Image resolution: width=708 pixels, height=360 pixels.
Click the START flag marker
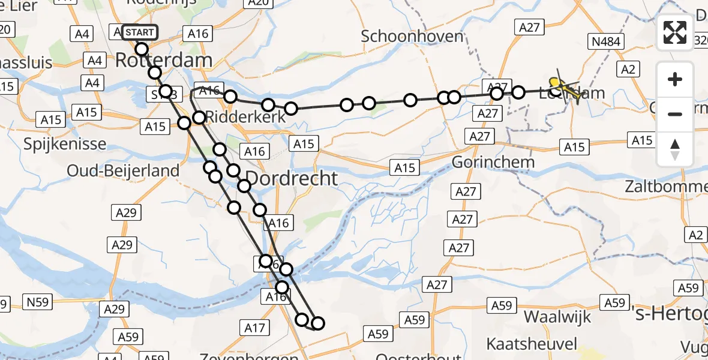140,32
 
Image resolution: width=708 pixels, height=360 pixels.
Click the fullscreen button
675,32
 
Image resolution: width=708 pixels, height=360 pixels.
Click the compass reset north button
675,149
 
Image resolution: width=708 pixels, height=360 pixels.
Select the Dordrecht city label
292,178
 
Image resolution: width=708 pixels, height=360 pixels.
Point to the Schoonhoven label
412,36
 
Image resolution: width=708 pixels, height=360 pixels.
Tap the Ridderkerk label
246,118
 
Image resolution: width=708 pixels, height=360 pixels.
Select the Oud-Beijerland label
123,170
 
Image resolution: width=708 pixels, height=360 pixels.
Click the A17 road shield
255,328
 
